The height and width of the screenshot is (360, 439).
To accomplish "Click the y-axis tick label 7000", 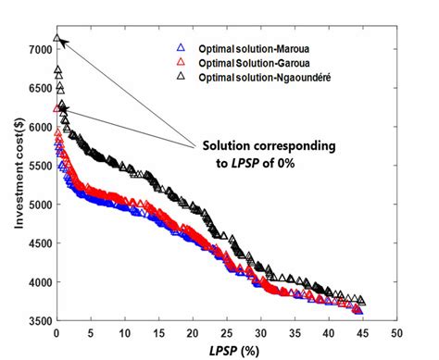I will pos(38,48).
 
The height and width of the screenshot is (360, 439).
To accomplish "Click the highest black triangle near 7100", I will pos(57,39).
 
